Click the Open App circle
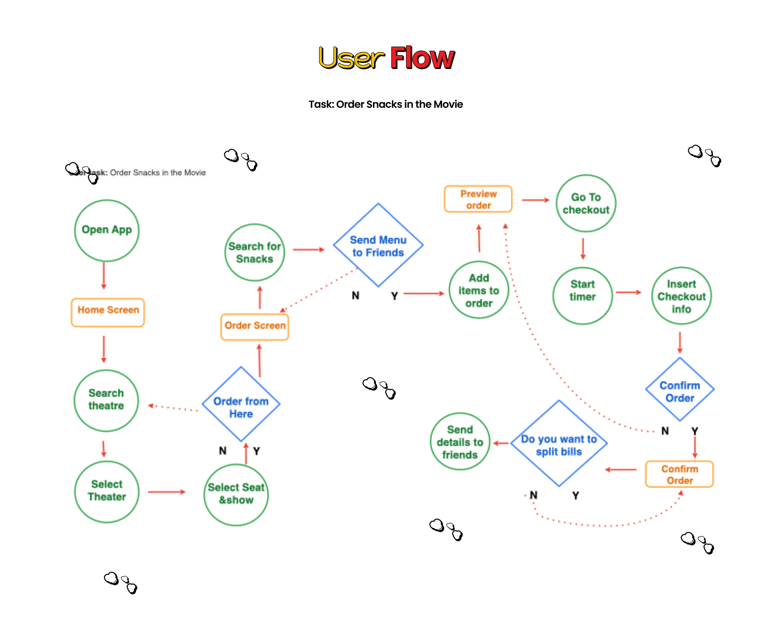click(107, 230)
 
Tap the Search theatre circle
click(106, 400)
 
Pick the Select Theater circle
click(107, 491)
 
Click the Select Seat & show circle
click(236, 494)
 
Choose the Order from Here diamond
click(241, 404)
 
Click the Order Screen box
click(255, 326)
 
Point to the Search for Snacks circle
click(254, 252)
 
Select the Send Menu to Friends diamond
click(378, 246)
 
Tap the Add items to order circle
click(479, 290)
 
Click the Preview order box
click(478, 199)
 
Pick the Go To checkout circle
click(586, 203)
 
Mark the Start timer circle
click(582, 295)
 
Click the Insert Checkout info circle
click(682, 296)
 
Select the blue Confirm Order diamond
click(680, 390)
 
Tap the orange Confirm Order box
click(680, 475)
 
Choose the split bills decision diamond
click(559, 443)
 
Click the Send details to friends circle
click(460, 441)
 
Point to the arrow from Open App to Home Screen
click(104, 275)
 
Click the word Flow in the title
click(423, 58)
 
